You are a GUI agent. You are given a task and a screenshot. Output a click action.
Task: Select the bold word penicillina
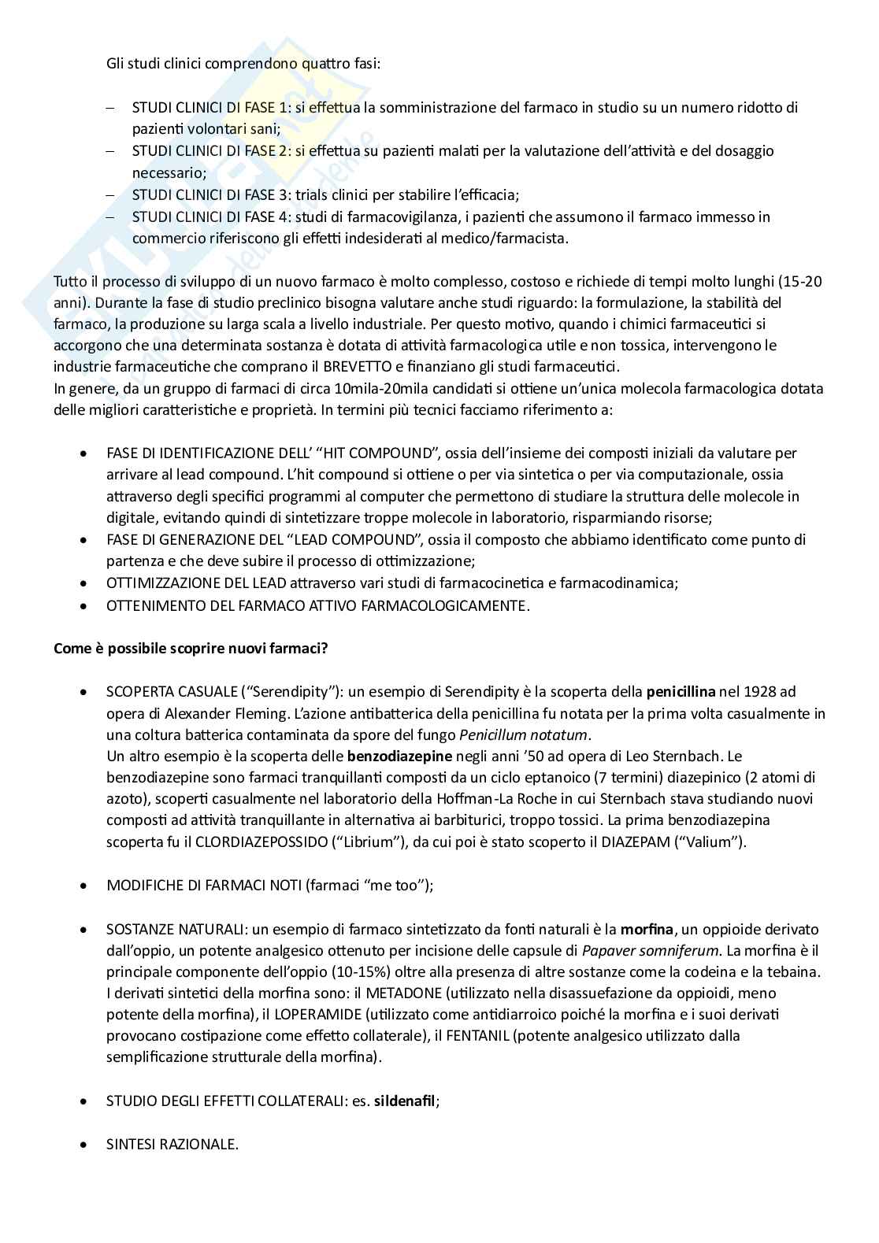[x=681, y=692]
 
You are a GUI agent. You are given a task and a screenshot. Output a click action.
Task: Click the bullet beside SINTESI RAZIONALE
[x=83, y=1145]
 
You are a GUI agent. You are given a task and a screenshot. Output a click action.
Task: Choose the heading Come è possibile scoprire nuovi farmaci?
[x=191, y=649]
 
